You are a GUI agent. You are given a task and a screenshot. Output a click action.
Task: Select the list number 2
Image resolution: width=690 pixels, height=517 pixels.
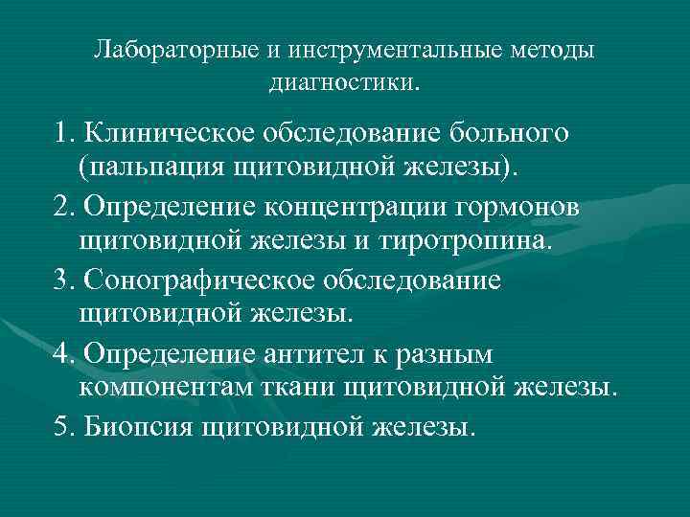point(65,206)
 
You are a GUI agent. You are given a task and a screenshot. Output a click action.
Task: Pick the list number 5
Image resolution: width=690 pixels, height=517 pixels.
point(65,426)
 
